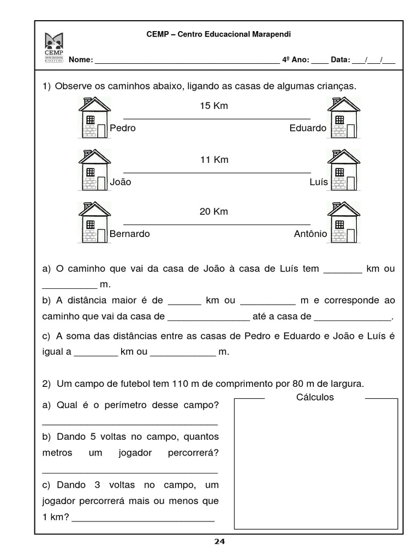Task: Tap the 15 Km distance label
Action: (214, 106)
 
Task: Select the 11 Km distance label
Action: (214, 160)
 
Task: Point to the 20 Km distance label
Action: (214, 211)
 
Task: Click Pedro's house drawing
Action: (94, 118)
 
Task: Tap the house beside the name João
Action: (94, 170)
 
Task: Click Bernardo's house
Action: (94, 222)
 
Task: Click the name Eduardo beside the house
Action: (308, 128)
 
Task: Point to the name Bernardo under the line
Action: (130, 234)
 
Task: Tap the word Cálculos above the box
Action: (315, 397)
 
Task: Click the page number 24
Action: (219, 542)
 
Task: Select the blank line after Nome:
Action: (187, 61)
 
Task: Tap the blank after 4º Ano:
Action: (320, 61)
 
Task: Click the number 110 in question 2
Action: (179, 384)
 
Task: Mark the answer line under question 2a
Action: (130, 423)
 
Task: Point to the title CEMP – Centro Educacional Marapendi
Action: (219, 34)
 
